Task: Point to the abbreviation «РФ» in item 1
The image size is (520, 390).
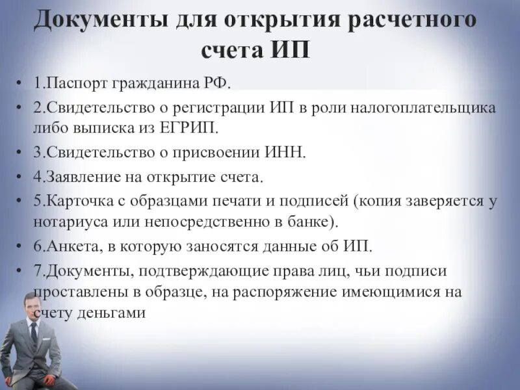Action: [219, 83]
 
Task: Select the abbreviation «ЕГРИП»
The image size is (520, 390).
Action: [192, 126]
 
